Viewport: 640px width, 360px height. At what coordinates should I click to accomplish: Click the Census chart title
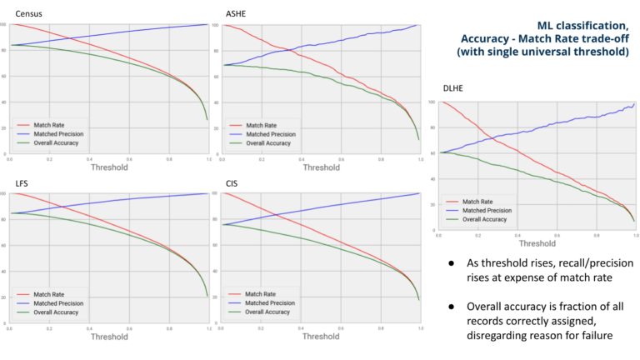coord(30,13)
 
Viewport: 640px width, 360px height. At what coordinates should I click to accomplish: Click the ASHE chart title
coord(237,13)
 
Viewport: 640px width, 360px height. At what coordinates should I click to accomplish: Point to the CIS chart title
coord(233,182)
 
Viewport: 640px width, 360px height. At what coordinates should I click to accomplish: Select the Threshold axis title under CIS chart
coord(321,336)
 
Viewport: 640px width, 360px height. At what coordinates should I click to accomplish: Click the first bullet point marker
coord(451,262)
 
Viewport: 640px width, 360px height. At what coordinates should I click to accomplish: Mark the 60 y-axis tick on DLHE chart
coord(432,152)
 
